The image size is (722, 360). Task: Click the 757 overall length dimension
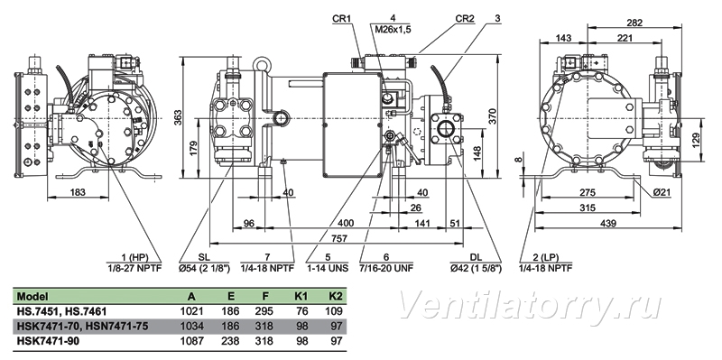click(x=339, y=238)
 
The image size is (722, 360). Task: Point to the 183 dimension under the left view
click(x=78, y=192)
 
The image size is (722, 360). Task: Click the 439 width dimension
click(x=608, y=223)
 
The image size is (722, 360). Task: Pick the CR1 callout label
click(x=342, y=19)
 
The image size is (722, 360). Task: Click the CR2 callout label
click(x=465, y=19)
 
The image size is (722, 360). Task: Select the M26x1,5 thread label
click(x=393, y=30)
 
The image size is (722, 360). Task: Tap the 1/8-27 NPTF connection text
click(x=134, y=268)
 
